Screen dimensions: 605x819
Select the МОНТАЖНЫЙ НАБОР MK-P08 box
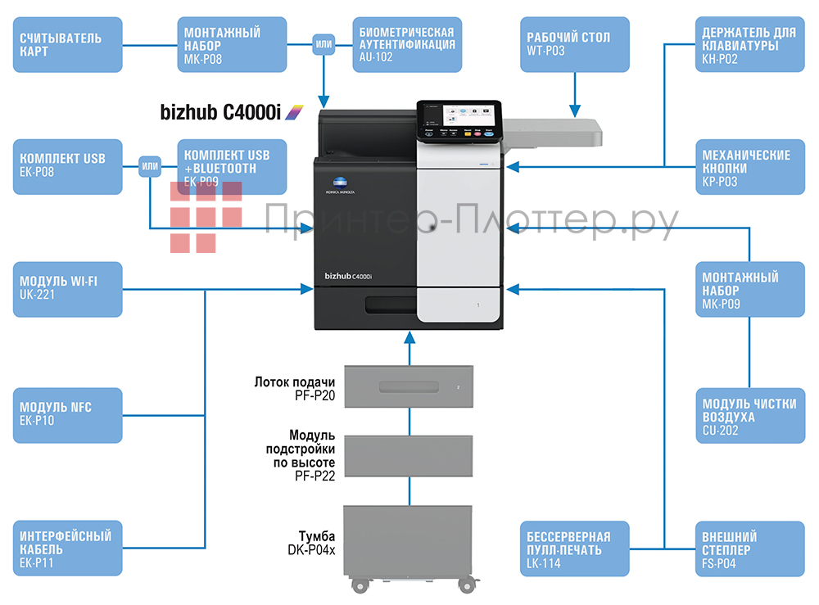pos(232,45)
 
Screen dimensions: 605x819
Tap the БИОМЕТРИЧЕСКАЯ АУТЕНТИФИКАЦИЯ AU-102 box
pos(407,45)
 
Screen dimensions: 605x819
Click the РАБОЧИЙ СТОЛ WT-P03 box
pos(574,45)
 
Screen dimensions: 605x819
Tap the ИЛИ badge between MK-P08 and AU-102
pos(324,45)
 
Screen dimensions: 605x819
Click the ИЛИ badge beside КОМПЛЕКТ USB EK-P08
pos(150,167)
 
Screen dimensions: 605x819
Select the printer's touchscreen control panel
pos(459,120)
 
